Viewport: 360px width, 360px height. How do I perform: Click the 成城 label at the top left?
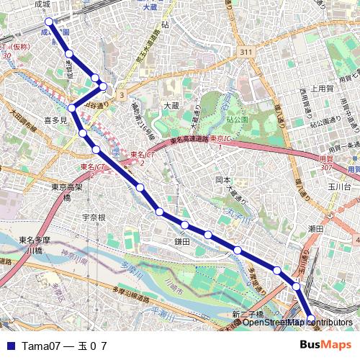42,4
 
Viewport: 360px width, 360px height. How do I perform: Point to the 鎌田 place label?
181,242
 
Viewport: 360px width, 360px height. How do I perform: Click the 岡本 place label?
223,180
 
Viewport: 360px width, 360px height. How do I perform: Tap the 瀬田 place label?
315,228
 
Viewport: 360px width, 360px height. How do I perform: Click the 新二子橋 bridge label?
248,314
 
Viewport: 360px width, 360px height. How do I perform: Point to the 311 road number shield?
247,53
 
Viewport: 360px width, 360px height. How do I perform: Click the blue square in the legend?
10,346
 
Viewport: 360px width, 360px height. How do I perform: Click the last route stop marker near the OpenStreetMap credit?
311,318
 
